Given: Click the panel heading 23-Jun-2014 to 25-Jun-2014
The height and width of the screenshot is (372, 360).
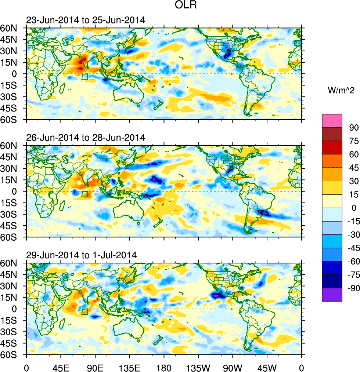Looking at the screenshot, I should coord(86,20).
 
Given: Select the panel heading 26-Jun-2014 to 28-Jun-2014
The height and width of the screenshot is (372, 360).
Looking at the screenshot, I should coord(86,138).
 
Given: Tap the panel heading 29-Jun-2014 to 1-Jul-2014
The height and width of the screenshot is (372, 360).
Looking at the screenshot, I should coord(81,255).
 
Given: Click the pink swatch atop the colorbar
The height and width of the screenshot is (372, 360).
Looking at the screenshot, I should coord(332,121).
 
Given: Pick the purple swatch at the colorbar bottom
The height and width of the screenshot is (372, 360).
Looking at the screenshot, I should coord(332,295).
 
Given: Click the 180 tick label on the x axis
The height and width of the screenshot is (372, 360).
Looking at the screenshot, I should coord(164,367).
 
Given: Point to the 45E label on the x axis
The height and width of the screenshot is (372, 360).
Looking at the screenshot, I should coord(61,367).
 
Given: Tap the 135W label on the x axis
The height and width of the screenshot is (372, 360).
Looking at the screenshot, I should coord(198,367).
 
